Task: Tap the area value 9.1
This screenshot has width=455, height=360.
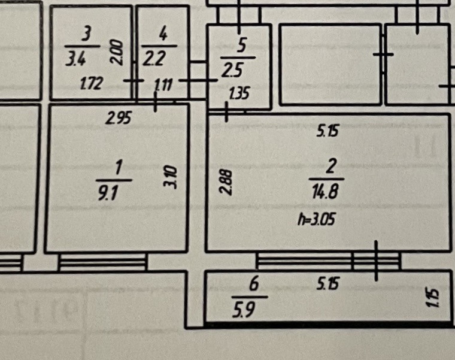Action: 107,193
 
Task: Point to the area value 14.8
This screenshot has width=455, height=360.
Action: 327,192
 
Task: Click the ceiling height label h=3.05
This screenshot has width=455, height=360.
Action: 317,220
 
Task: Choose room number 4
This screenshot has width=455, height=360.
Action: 162,35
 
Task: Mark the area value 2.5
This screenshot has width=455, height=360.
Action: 232,71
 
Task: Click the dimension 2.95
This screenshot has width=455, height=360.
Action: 118,119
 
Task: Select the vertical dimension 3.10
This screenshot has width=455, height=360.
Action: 172,177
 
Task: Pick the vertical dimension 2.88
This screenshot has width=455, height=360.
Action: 224,182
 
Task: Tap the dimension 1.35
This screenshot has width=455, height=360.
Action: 238,93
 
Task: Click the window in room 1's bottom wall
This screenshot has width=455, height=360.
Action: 102,262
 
